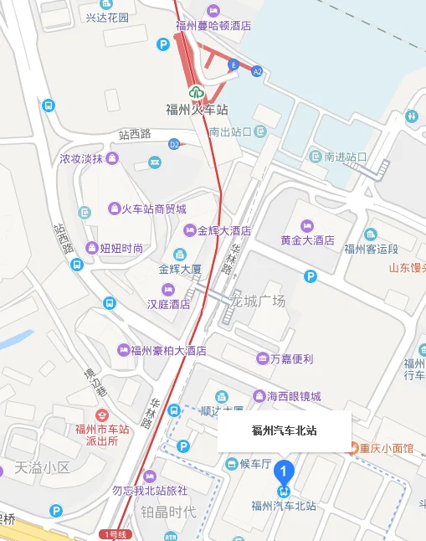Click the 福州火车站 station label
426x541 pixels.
click(x=197, y=110)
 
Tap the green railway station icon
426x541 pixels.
click(x=196, y=92)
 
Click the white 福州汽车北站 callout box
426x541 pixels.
click(x=284, y=431)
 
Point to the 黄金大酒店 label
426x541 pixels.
click(x=307, y=240)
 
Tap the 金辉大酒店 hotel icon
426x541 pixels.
click(x=190, y=230)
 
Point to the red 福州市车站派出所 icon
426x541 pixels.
click(x=102, y=415)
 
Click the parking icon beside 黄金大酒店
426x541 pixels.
click(x=311, y=276)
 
